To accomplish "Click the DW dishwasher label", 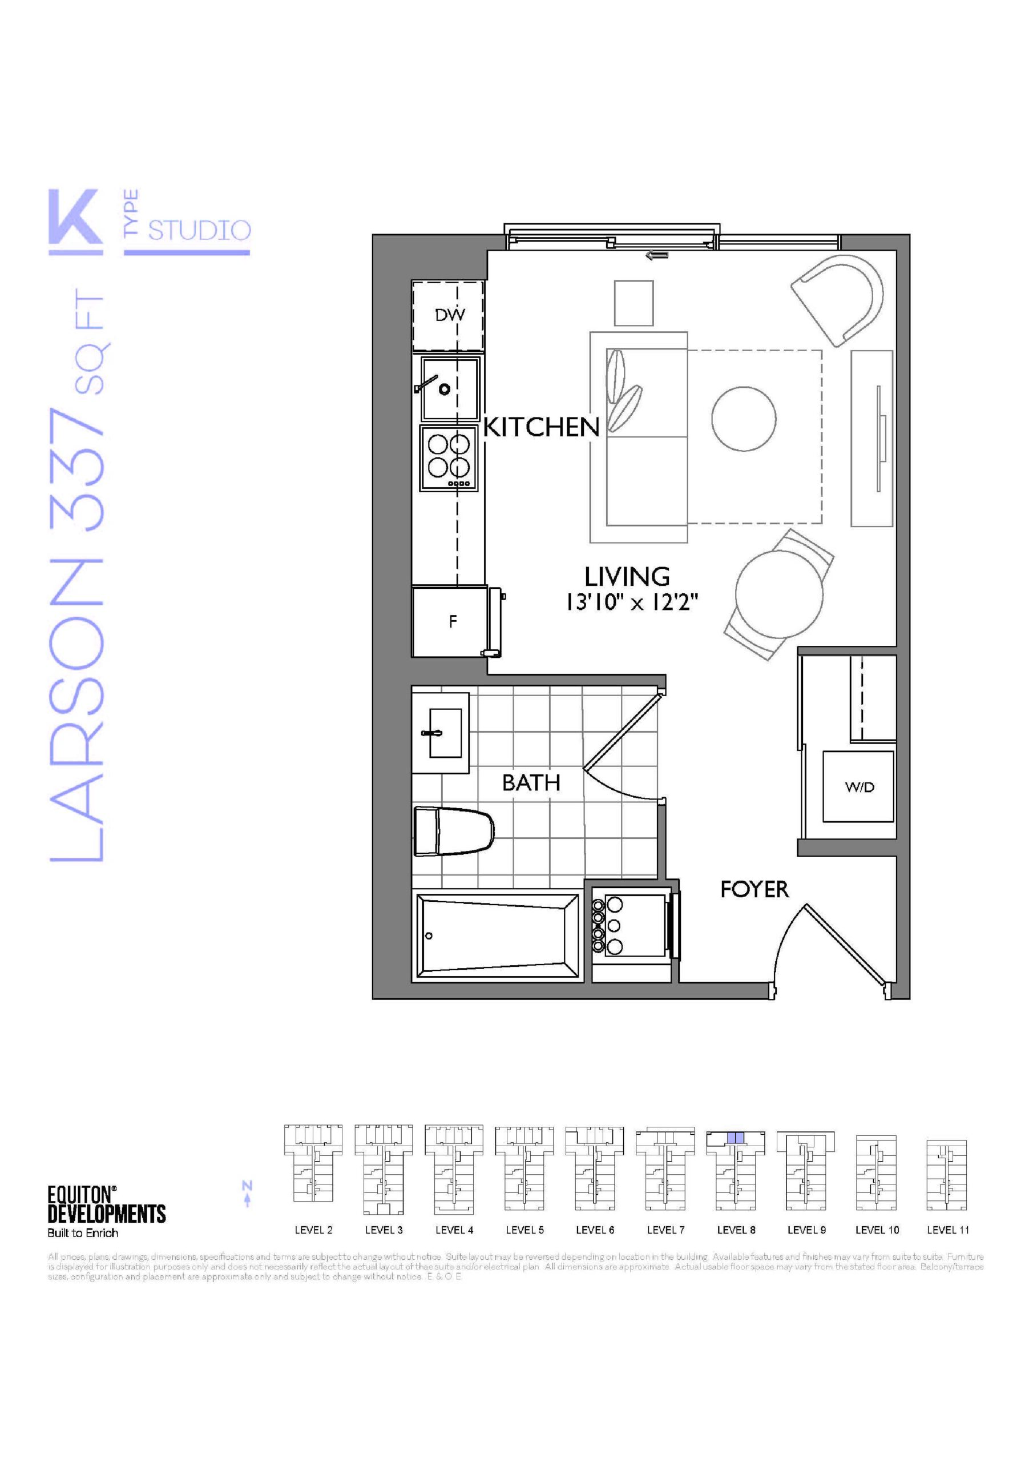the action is point(450,314).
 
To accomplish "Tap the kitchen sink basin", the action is point(449,388).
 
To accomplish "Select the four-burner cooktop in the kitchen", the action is point(449,459).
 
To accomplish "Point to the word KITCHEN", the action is point(542,427).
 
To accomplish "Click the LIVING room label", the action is point(627,577).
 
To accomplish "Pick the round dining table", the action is point(779,593).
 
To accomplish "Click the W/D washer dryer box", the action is point(858,786).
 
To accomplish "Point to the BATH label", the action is point(531,782).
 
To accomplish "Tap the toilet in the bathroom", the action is point(454,832).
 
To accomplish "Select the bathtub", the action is point(498,935).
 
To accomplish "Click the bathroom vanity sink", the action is point(441,733).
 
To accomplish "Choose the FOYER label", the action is point(754,890).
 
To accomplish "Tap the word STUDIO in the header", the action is point(200,230).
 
